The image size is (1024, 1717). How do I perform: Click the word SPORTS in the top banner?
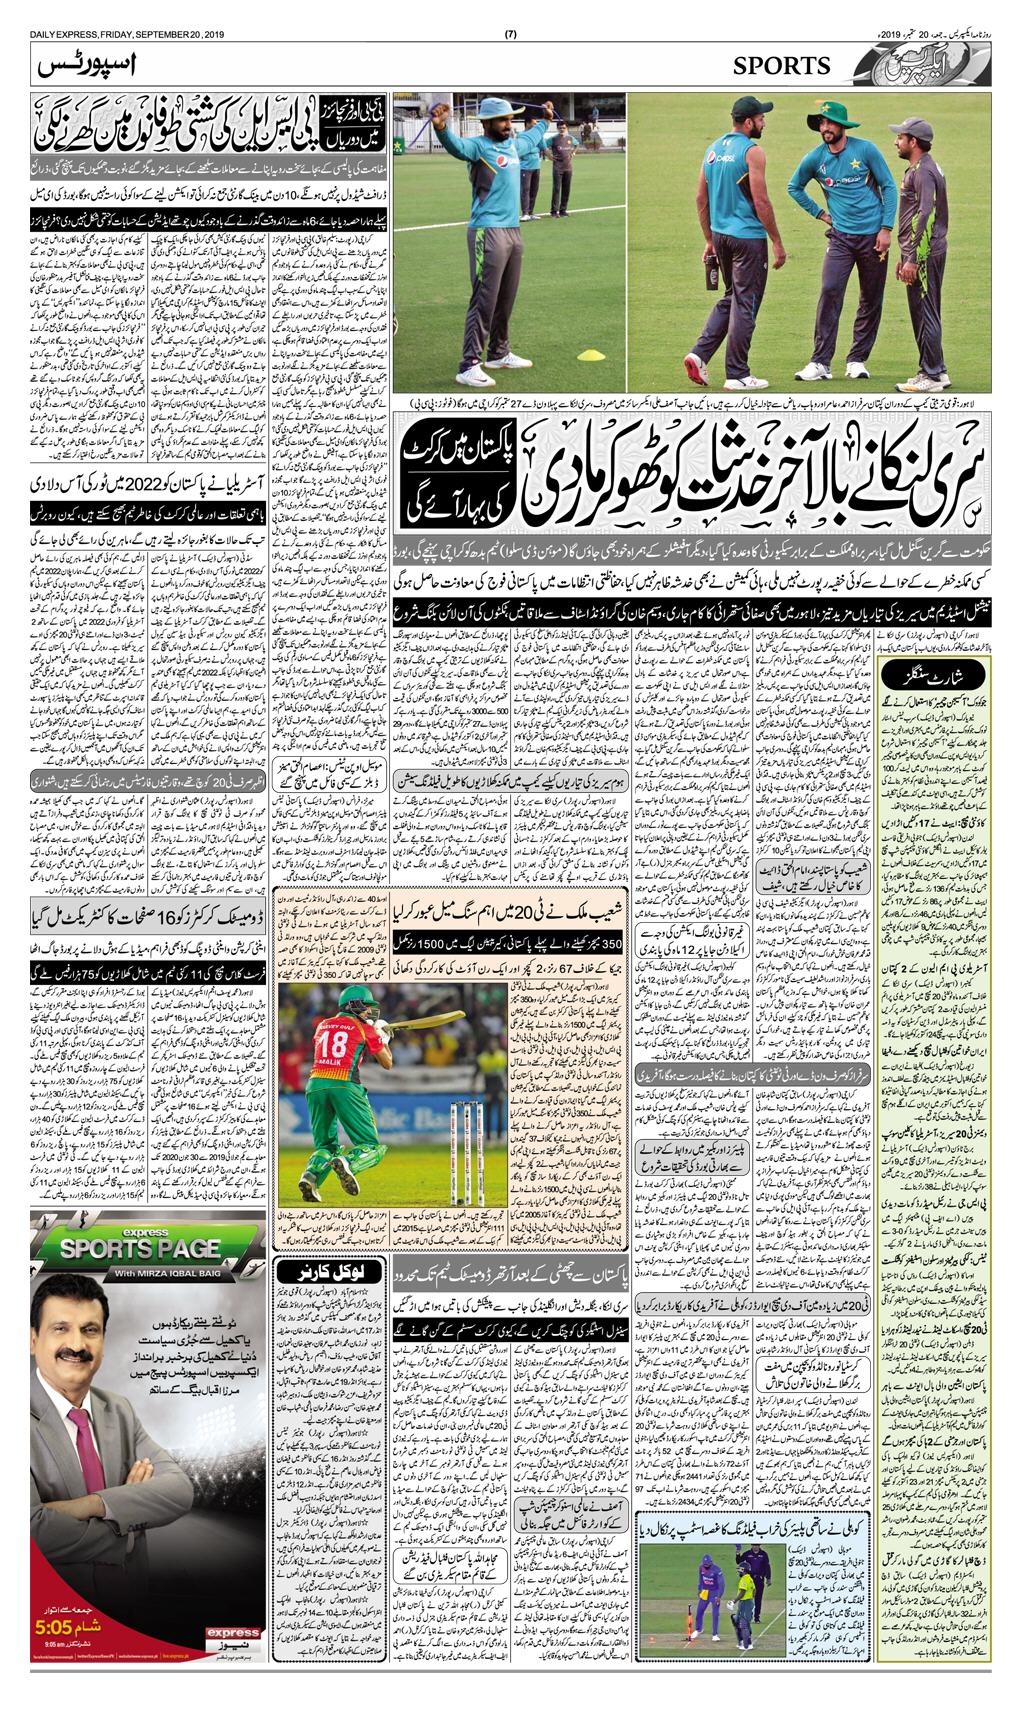(x=782, y=66)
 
